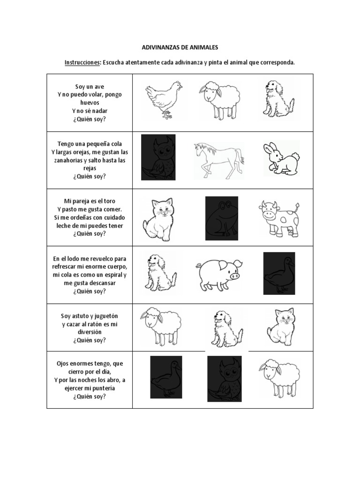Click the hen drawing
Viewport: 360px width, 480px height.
[163, 99]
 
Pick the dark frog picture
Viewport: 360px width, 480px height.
[221, 215]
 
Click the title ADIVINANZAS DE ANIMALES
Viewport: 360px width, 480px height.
[180, 48]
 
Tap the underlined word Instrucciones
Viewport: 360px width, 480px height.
[82, 63]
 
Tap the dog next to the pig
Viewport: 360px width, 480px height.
[157, 272]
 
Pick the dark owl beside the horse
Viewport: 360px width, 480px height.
[158, 157]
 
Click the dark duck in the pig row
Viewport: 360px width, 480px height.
[279, 273]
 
